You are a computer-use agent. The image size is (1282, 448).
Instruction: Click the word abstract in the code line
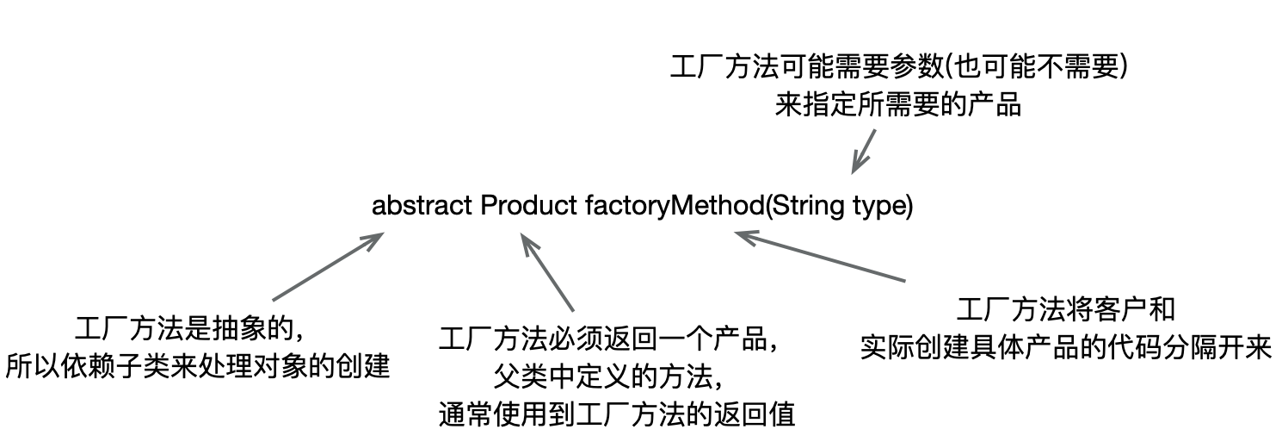click(422, 207)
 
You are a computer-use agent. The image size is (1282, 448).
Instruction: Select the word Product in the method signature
click(528, 207)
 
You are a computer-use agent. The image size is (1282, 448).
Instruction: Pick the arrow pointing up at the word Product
click(548, 276)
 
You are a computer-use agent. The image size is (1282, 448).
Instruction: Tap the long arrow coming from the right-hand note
click(817, 256)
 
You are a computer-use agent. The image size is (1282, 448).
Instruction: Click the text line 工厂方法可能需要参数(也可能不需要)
click(898, 68)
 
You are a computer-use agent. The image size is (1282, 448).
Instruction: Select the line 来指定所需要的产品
click(898, 106)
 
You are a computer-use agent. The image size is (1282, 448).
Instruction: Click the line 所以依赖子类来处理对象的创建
click(198, 367)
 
